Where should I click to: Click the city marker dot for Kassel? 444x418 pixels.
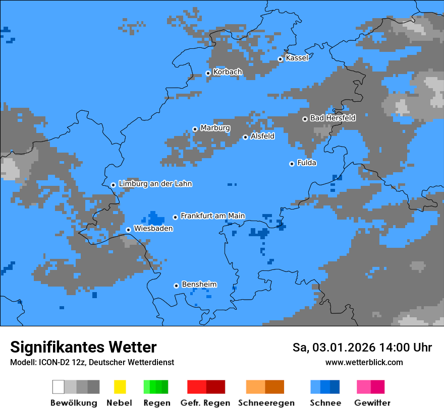(280, 59)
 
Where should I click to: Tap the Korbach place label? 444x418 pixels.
(228, 72)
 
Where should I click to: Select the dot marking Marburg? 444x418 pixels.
(195, 129)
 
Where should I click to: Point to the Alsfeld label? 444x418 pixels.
(262, 136)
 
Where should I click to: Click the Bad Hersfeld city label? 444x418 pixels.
(332, 118)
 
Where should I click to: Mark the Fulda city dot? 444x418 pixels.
(292, 164)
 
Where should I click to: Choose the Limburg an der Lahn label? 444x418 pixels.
(155, 184)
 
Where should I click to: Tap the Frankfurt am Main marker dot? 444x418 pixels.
(175, 217)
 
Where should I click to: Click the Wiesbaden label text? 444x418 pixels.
(153, 229)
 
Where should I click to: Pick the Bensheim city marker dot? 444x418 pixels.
(176, 286)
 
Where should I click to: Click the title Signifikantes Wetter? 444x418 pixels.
(83, 347)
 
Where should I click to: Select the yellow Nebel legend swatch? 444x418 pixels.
(120, 387)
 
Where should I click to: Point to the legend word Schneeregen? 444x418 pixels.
(266, 403)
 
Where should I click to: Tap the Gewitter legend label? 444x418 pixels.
(372, 403)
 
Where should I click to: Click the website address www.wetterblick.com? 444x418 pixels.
(364, 362)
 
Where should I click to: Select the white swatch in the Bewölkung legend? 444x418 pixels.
(59, 387)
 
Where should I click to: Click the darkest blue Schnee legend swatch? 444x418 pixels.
(335, 387)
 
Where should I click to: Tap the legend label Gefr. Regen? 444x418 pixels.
(205, 403)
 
